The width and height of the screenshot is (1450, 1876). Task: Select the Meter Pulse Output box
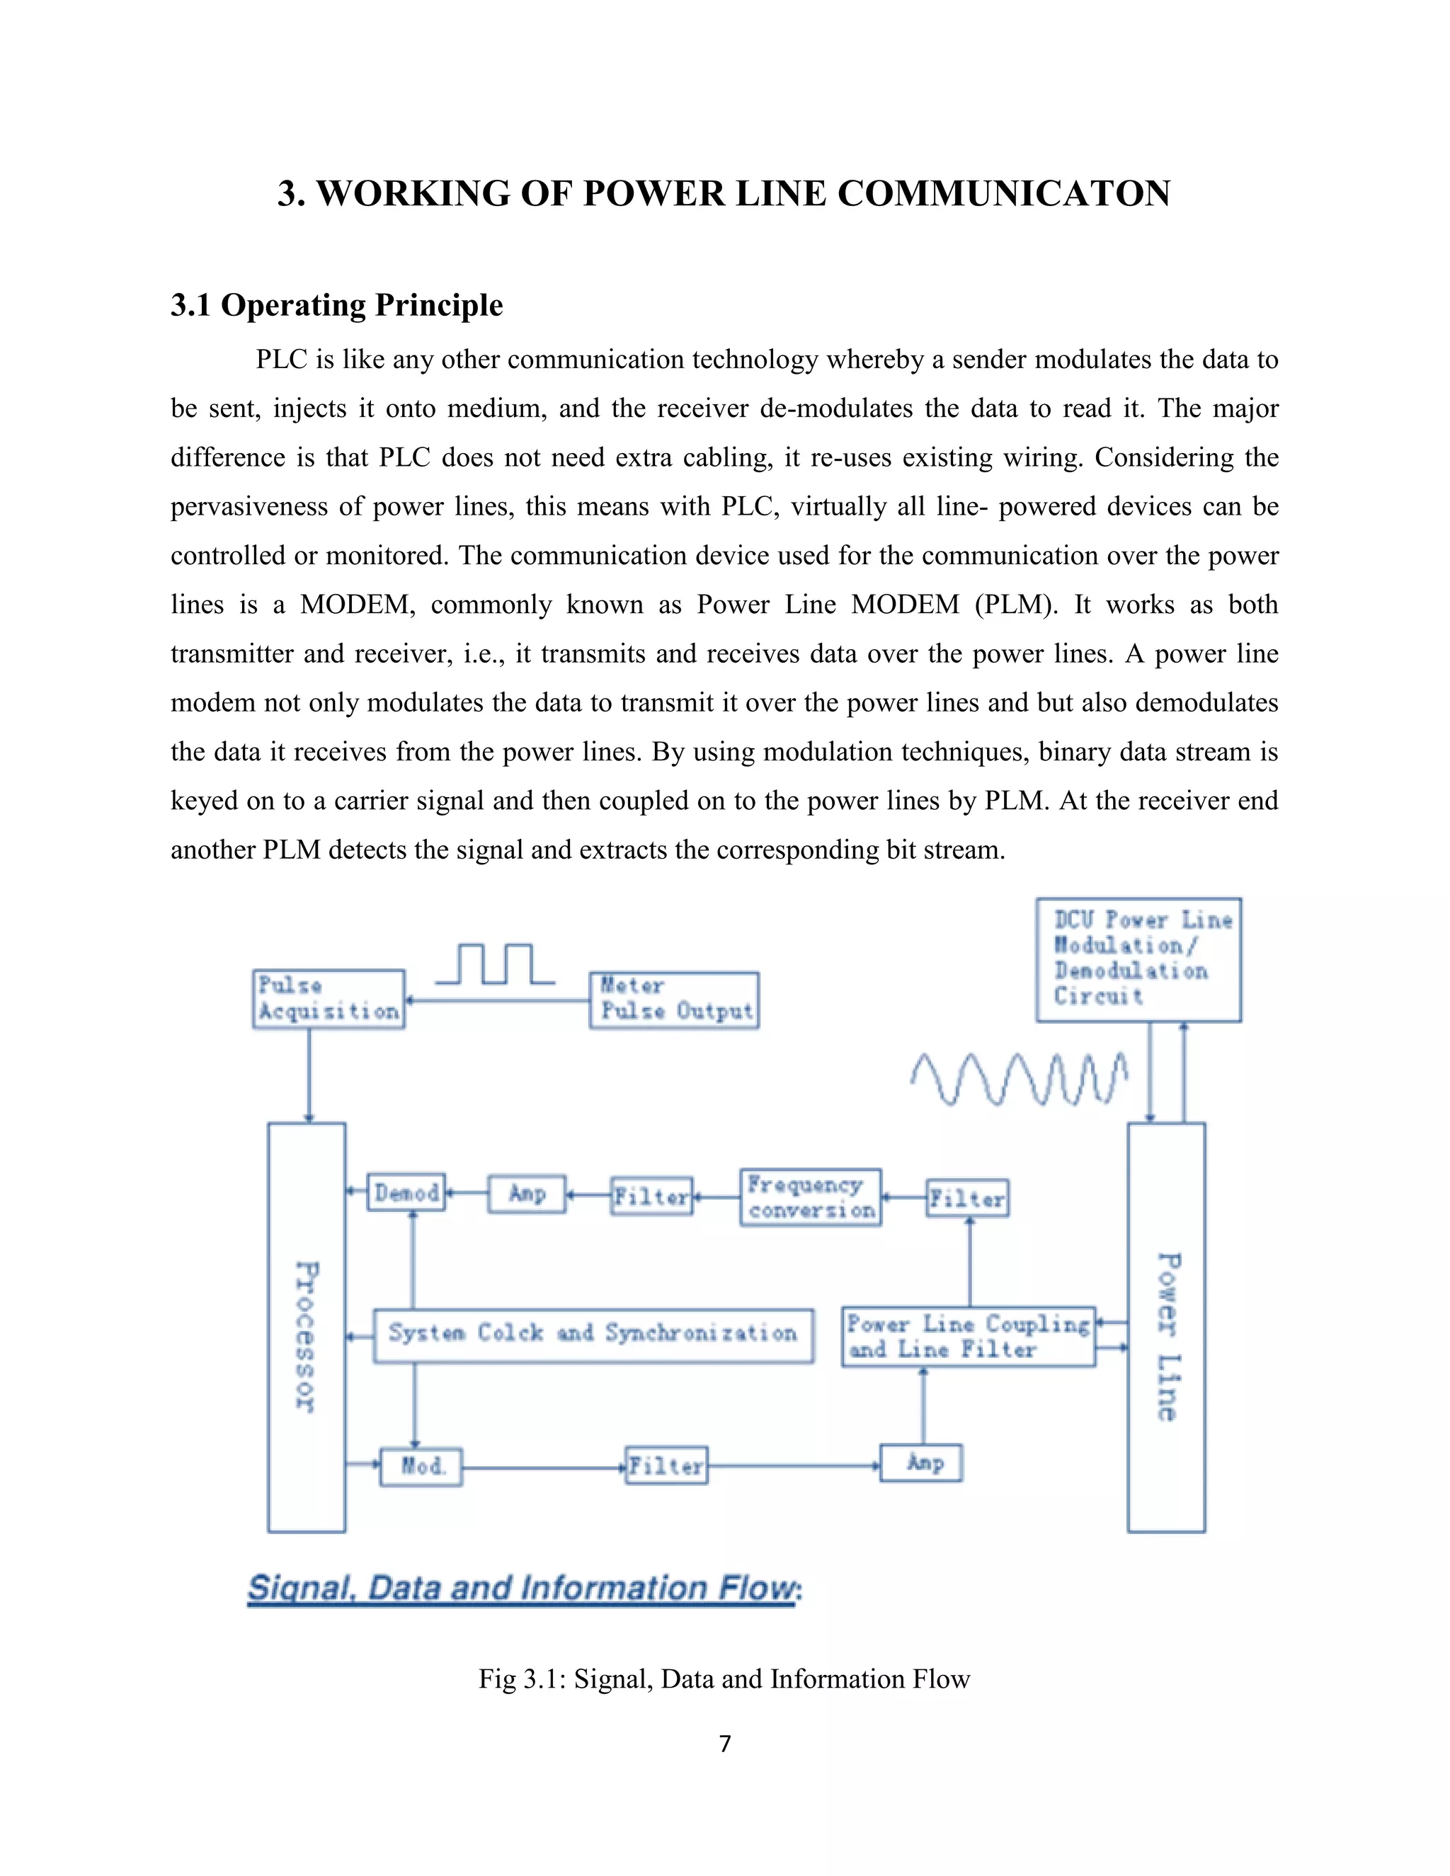click(674, 1000)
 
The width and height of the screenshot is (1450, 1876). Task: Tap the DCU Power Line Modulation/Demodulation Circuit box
click(1138, 959)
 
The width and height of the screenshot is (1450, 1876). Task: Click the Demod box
click(406, 1192)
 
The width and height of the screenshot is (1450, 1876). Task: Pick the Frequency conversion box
click(811, 1197)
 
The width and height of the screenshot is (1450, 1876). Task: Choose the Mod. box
click(421, 1466)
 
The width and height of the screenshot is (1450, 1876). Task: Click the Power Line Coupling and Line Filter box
click(968, 1337)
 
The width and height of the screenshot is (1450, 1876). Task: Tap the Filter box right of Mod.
click(666, 1465)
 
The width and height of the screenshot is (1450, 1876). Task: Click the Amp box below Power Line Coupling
click(921, 1463)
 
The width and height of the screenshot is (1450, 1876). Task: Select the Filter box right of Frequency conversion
click(968, 1199)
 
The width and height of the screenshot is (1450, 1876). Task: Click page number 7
click(725, 1744)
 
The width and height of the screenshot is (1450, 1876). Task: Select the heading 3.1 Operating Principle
click(337, 305)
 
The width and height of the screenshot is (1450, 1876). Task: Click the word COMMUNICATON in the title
click(1003, 193)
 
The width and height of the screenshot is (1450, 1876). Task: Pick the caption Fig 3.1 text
click(724, 1678)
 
